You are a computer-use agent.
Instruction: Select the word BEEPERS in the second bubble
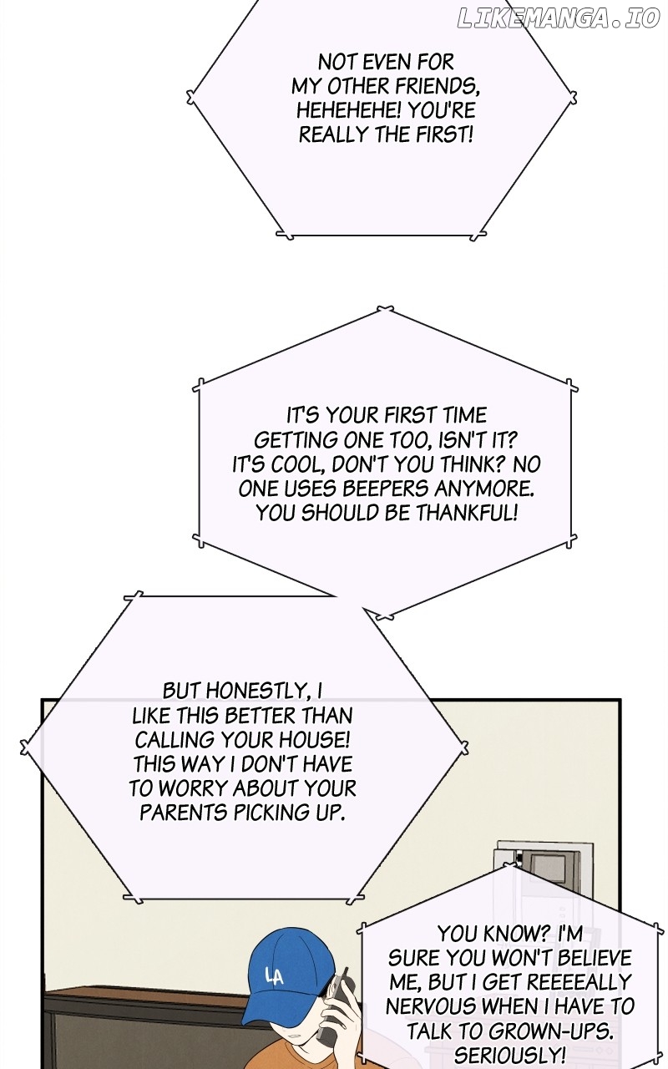click(x=386, y=489)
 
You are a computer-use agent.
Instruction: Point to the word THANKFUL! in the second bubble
click(x=466, y=514)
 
